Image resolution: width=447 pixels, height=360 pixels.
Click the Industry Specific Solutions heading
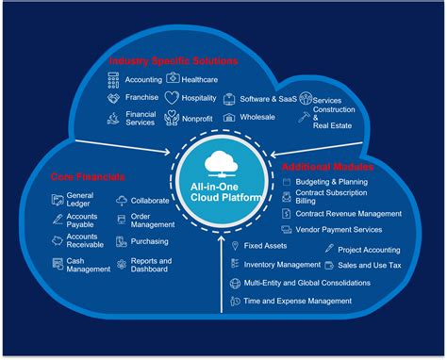click(x=173, y=60)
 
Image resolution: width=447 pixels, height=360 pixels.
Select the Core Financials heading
click(x=88, y=176)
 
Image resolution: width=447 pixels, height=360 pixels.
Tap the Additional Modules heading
click(x=328, y=166)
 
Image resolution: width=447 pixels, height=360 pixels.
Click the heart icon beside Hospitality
click(x=172, y=98)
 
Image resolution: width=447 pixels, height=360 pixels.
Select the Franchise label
click(x=142, y=98)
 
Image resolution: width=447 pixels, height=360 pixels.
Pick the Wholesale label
click(x=257, y=117)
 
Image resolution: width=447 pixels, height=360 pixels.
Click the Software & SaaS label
click(x=269, y=99)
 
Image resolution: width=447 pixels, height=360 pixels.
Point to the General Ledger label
click(x=80, y=200)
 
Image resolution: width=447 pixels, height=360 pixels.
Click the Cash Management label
click(x=88, y=265)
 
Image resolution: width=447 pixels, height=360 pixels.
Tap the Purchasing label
click(x=149, y=242)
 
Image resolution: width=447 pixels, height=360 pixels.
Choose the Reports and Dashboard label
click(x=151, y=265)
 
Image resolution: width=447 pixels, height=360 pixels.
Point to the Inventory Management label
click(x=282, y=265)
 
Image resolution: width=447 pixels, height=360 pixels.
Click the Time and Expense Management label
click(x=297, y=301)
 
